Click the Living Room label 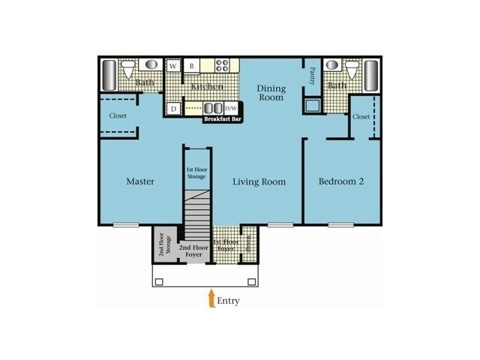259,181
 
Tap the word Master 140,181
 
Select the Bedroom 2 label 340,181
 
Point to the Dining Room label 271,93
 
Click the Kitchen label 207,87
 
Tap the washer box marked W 173,66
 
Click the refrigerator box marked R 192,66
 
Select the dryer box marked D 172,109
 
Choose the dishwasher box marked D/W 231,108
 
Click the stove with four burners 223,65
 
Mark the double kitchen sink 213,107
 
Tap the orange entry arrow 211,298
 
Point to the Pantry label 312,75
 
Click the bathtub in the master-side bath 109,75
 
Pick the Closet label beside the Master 118,116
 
